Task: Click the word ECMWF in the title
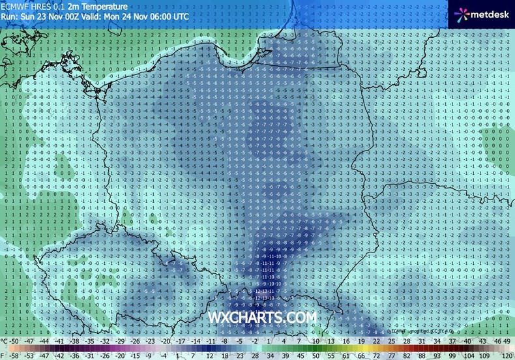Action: click(x=15, y=5)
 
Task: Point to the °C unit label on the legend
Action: click(x=4, y=341)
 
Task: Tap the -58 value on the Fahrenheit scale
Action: click(x=14, y=356)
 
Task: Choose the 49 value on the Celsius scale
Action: click(x=508, y=341)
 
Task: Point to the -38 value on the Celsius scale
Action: click(x=76, y=341)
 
